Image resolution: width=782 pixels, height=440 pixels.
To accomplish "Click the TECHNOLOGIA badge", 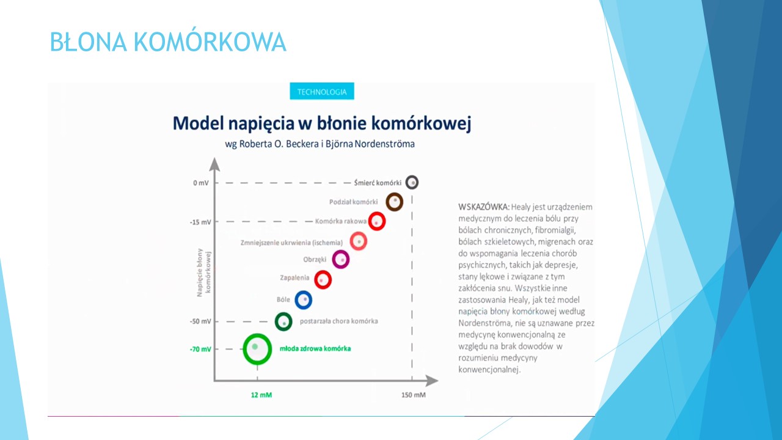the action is (321, 91).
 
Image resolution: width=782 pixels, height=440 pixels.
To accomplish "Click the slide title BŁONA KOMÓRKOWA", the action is (168, 42).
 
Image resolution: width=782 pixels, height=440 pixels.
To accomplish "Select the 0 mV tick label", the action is (201, 183).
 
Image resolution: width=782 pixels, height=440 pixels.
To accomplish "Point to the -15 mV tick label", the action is (200, 222).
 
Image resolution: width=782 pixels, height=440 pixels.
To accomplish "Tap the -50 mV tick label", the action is (200, 321).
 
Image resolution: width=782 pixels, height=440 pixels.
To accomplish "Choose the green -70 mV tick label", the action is (200, 349).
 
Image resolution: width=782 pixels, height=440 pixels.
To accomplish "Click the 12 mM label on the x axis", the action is (261, 395).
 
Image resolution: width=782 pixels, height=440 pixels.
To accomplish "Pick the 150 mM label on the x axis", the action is (414, 395).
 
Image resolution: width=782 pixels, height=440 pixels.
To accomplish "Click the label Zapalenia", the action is (294, 278).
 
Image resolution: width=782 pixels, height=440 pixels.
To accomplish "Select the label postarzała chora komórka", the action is (338, 321).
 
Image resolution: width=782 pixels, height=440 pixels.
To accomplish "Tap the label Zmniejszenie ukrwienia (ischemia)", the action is (291, 243).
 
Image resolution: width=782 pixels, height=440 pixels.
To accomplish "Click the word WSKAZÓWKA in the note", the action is (484, 207).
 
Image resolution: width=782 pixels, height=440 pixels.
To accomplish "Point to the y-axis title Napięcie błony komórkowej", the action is (204, 273).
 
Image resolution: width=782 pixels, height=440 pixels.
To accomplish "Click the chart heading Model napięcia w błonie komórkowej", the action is (322, 123).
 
